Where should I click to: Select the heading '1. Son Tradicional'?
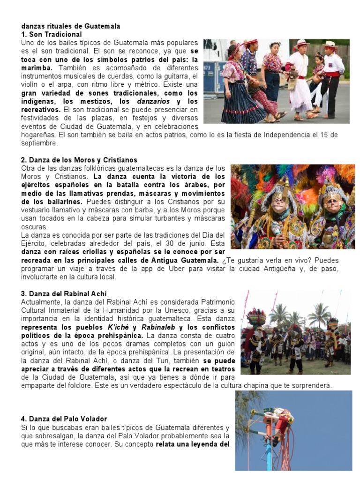[x=52, y=34]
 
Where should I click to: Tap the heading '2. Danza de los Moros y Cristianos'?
[x=79, y=160]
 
